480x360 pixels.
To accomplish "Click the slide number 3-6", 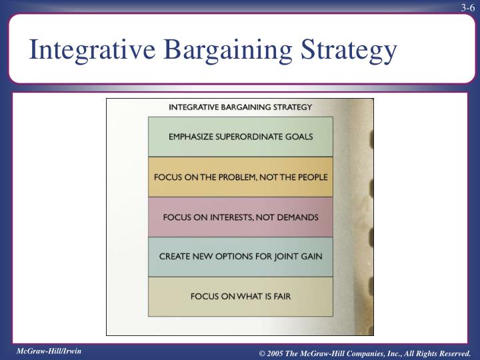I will tap(466, 7).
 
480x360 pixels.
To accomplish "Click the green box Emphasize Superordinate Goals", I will tap(241, 137).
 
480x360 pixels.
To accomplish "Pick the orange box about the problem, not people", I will tap(241, 177).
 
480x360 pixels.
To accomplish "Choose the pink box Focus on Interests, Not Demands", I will tap(241, 217).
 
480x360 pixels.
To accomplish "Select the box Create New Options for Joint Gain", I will tap(241, 257).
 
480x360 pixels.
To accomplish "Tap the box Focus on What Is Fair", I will tap(241, 296).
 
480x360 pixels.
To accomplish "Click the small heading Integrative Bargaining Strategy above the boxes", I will tap(241, 106).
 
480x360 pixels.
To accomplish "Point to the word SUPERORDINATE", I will tap(251, 137).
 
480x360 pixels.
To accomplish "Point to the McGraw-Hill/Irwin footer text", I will tap(49, 350).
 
